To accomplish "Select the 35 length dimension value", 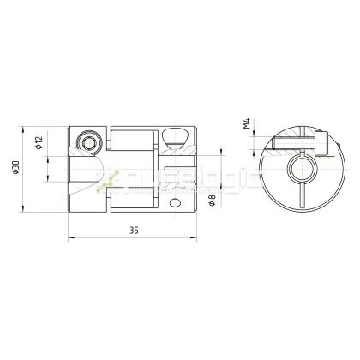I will click(x=133, y=231).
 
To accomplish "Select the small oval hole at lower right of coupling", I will click(x=177, y=203).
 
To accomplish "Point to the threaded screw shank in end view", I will click(x=291, y=145).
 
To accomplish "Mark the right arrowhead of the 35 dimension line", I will click(x=197, y=239).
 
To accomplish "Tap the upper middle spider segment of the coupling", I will click(x=134, y=141).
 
